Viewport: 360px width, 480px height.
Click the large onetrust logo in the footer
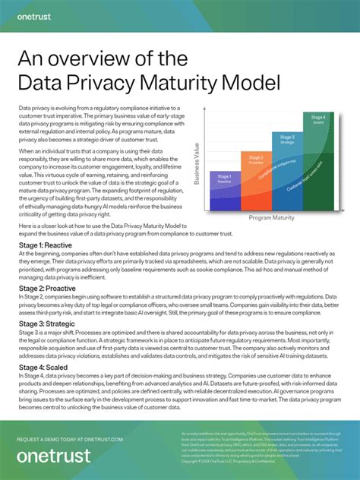coord(53,456)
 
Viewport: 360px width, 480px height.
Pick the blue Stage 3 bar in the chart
coord(286,171)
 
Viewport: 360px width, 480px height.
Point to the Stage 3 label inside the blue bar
coord(286,138)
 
